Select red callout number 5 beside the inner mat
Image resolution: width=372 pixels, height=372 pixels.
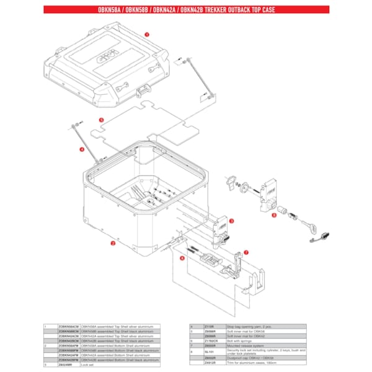[101, 118]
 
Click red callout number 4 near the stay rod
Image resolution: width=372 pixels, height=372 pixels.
[81, 149]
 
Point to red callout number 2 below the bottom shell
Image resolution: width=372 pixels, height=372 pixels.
[113, 244]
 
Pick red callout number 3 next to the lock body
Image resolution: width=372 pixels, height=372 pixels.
[232, 221]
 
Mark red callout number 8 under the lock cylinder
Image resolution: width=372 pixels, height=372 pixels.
[273, 216]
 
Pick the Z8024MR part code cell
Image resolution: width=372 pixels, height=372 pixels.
[66, 365]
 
